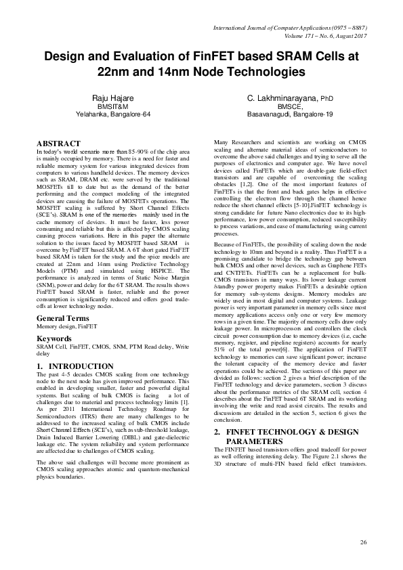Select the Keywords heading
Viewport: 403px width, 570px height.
coord(54,337)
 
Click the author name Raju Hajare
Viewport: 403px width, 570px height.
coord(113,98)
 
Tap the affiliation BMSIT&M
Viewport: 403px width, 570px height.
coord(113,106)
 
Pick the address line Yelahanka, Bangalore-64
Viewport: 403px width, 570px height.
coord(113,114)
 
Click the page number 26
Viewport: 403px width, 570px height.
coord(363,542)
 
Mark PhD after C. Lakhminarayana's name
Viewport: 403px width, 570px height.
coord(327,99)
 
